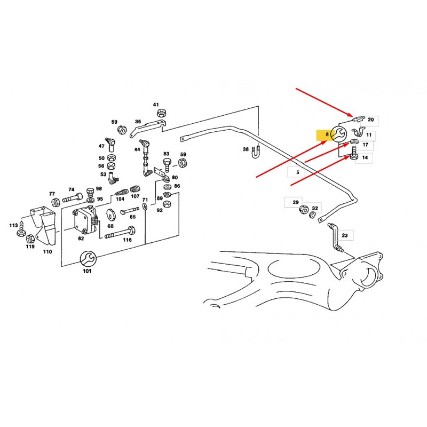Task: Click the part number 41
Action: click(156, 105)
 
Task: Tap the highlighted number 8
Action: click(323, 136)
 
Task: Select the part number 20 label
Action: click(371, 120)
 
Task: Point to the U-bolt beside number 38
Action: click(257, 151)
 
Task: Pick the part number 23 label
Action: click(344, 235)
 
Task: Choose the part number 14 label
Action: click(365, 158)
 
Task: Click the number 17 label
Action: click(365, 145)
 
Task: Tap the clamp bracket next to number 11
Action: click(358, 133)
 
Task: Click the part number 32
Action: click(315, 208)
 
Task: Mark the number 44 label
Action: click(137, 149)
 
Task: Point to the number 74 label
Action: click(71, 189)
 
